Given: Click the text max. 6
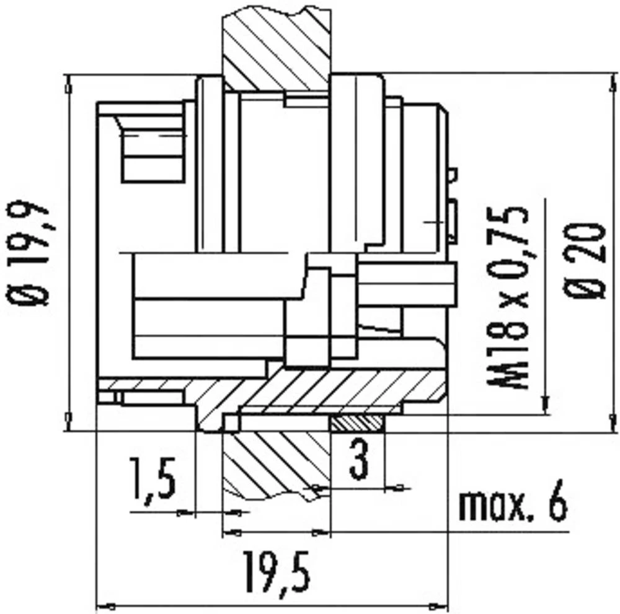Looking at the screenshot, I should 512,506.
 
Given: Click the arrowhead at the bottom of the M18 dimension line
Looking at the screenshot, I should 545,406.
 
